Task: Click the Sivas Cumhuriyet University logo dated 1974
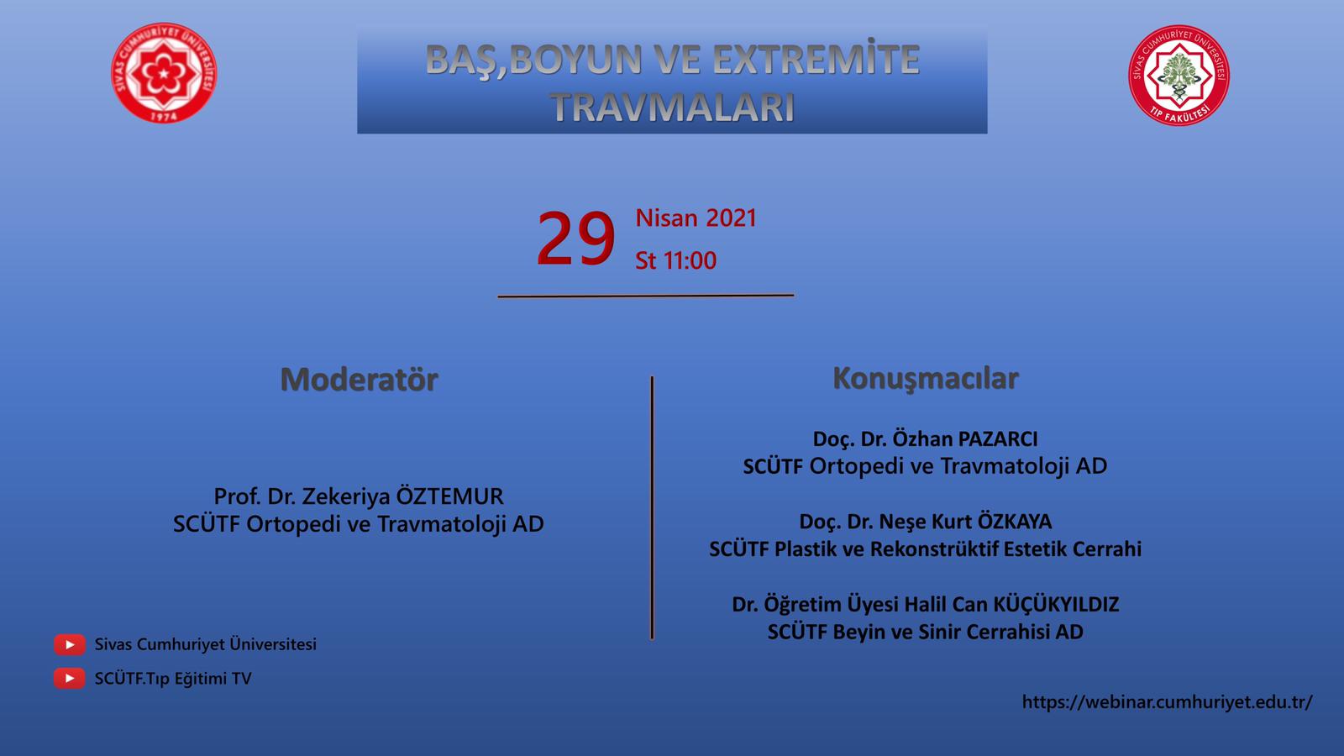(x=164, y=72)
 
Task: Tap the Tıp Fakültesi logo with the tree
(x=1179, y=75)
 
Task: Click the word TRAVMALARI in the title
(x=673, y=108)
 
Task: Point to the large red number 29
(x=575, y=239)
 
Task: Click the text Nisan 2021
(x=696, y=218)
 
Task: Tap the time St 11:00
(x=675, y=260)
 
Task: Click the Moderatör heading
(x=360, y=379)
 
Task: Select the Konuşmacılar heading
(x=925, y=379)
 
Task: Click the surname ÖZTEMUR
(x=450, y=496)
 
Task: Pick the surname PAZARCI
(x=998, y=439)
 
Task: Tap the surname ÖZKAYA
(x=1015, y=521)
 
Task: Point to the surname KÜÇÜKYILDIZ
(x=1056, y=604)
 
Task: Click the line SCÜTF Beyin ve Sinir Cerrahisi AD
(x=925, y=632)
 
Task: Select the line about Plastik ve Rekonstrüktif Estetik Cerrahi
(x=925, y=549)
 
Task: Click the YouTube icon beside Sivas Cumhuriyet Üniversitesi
(x=70, y=644)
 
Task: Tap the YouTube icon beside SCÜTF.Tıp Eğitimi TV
(x=70, y=679)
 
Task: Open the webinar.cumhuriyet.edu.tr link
(x=1168, y=702)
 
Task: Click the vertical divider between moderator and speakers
(x=652, y=507)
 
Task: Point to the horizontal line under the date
(x=646, y=296)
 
